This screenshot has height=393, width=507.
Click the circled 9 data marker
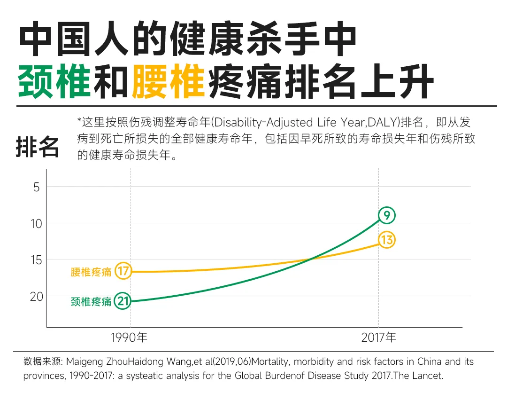387,216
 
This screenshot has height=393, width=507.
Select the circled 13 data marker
387,240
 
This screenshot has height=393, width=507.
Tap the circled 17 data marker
123,271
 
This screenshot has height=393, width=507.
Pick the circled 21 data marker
123,301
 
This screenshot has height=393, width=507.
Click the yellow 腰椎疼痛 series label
91,272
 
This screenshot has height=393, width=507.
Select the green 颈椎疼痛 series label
91,302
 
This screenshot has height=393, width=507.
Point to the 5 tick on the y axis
37,187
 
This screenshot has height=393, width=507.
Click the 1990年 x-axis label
130,338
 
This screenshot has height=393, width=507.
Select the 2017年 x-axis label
378,338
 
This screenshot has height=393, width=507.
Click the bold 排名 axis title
38,147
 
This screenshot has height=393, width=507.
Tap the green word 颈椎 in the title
54,82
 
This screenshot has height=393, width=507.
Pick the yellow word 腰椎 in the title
169,82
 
